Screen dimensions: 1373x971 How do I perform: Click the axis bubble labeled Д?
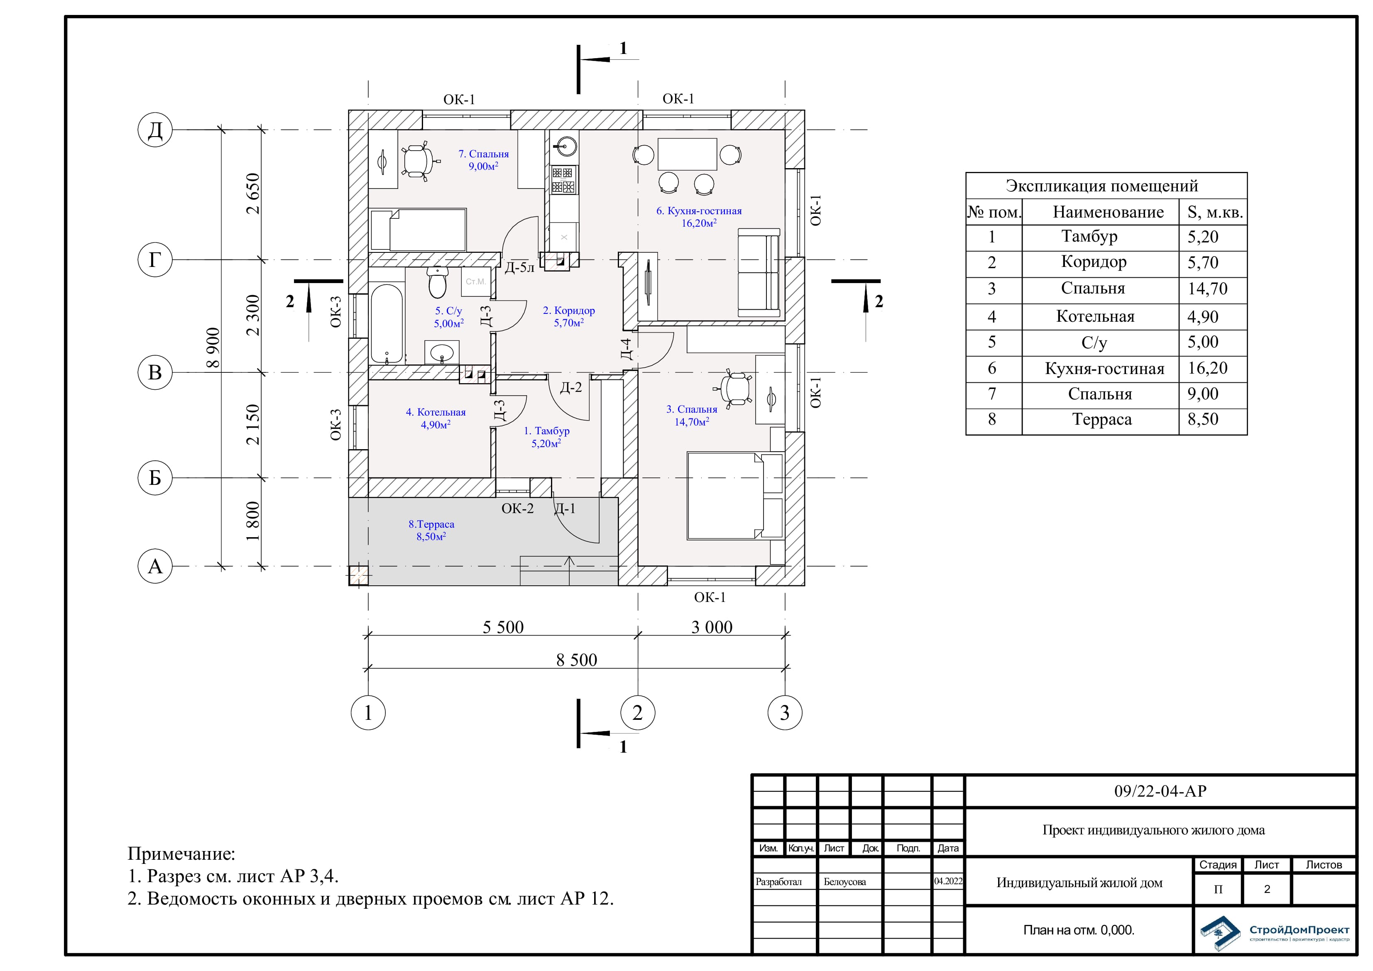point(155,129)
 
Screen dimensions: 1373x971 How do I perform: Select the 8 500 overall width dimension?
point(576,660)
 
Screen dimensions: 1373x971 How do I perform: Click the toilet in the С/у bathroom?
point(438,282)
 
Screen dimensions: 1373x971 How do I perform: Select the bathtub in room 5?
point(387,323)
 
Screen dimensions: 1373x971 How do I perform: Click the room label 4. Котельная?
point(436,412)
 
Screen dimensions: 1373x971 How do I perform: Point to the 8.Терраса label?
point(431,524)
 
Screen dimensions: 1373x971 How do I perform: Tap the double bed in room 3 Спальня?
point(735,496)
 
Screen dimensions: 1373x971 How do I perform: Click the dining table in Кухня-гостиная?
point(687,154)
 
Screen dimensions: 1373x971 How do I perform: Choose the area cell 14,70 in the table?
point(1207,289)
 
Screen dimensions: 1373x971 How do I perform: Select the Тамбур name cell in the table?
point(1089,236)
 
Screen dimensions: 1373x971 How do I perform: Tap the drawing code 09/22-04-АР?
point(1160,790)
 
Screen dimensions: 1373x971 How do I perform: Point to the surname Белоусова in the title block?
point(844,881)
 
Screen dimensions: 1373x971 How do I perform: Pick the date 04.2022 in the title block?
point(948,881)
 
